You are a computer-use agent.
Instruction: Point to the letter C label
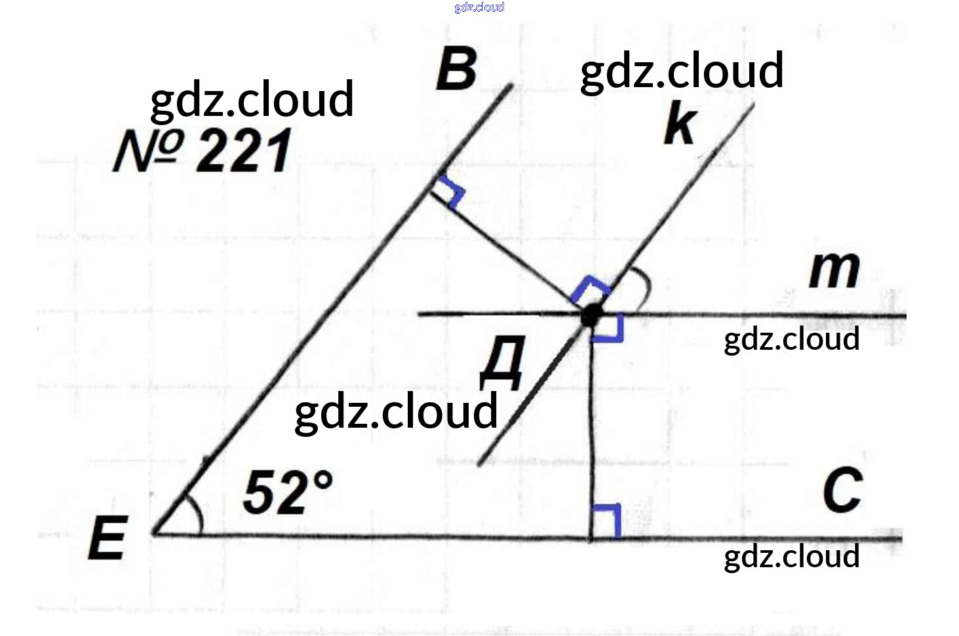(842, 491)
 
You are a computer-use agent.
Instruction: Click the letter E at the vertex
(108, 538)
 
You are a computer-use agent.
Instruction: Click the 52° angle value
(287, 492)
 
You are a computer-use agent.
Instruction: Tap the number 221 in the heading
(244, 151)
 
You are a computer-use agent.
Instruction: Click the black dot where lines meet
(591, 316)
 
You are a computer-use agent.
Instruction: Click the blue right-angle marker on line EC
(606, 521)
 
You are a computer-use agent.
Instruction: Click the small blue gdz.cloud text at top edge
(479, 7)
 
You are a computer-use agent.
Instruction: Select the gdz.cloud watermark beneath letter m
(791, 339)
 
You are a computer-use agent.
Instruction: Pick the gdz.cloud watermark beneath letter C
(791, 557)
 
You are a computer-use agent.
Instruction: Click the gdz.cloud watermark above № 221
(252, 100)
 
